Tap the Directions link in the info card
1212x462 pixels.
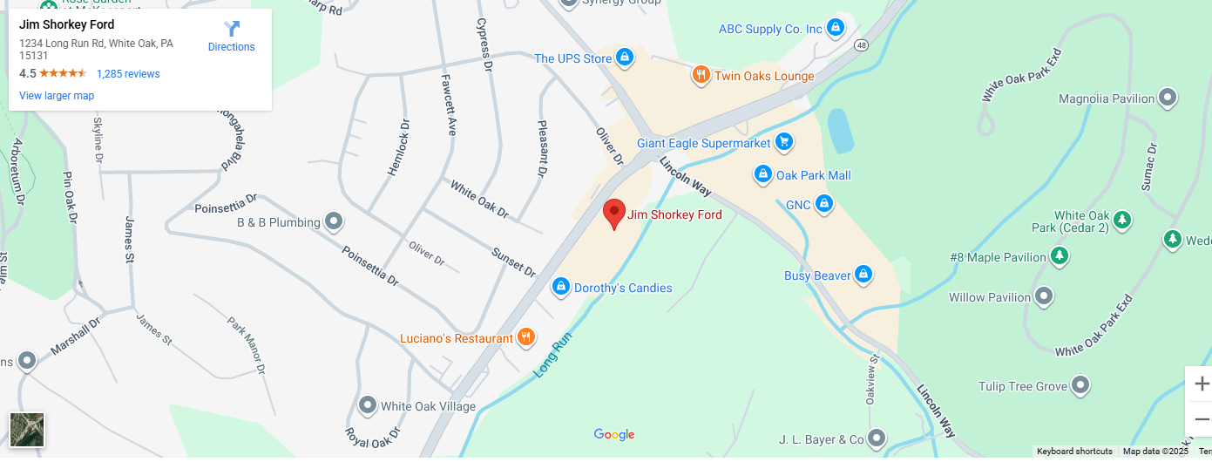(231, 37)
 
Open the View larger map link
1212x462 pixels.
(57, 96)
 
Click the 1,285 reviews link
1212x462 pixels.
(128, 74)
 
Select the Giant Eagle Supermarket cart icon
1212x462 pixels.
(784, 141)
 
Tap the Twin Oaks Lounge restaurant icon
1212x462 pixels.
(701, 75)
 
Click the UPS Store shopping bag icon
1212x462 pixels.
(624, 58)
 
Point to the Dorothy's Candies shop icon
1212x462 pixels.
(561, 286)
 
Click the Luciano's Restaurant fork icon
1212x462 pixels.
(525, 337)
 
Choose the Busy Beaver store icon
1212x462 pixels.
(863, 275)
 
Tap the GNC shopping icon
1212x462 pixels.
(823, 205)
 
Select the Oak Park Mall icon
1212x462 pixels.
(763, 174)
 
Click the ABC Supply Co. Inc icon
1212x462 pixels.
(836, 28)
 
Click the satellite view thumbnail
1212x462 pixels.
(27, 430)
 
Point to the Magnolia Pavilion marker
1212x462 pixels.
(1168, 98)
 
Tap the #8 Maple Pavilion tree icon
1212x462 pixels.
(1060, 256)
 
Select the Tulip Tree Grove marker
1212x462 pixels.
(1080, 384)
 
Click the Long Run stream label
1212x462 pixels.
(552, 354)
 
